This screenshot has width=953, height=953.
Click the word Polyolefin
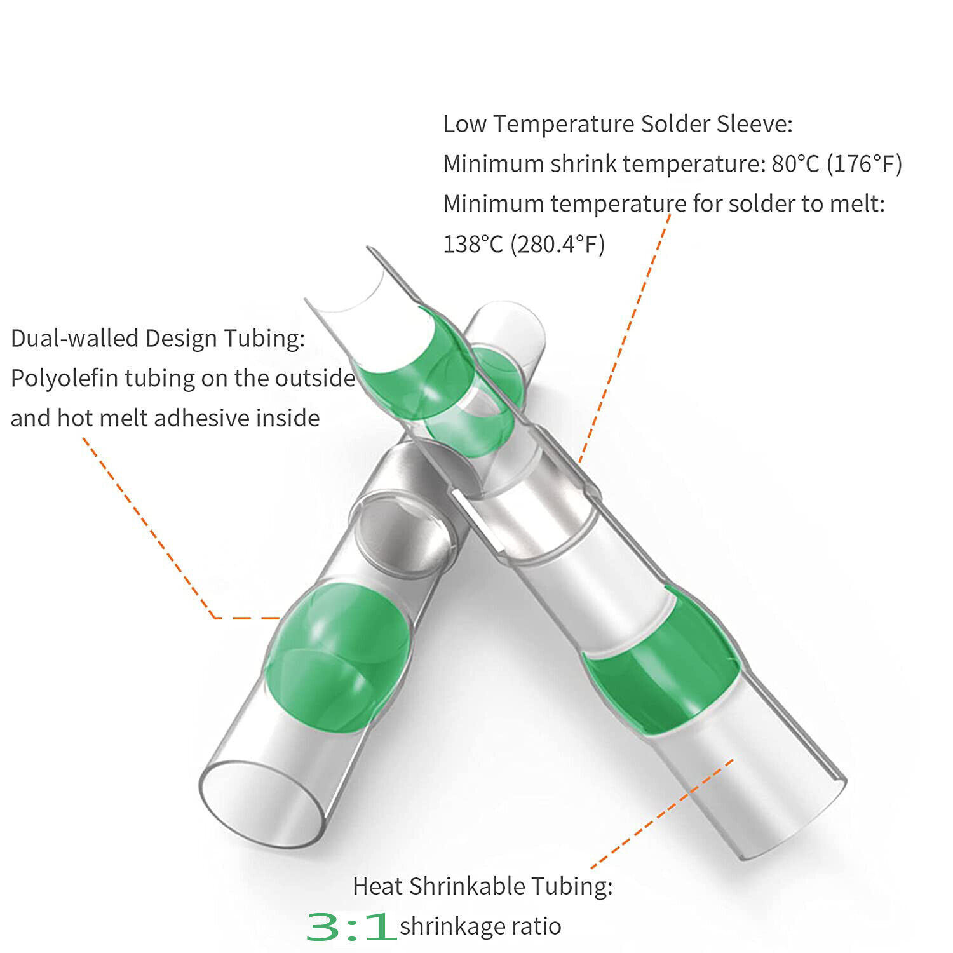point(64,379)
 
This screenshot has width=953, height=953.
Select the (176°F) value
point(864,164)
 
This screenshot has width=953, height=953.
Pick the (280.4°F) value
point(558,244)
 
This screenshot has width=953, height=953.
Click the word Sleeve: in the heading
point(755,124)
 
